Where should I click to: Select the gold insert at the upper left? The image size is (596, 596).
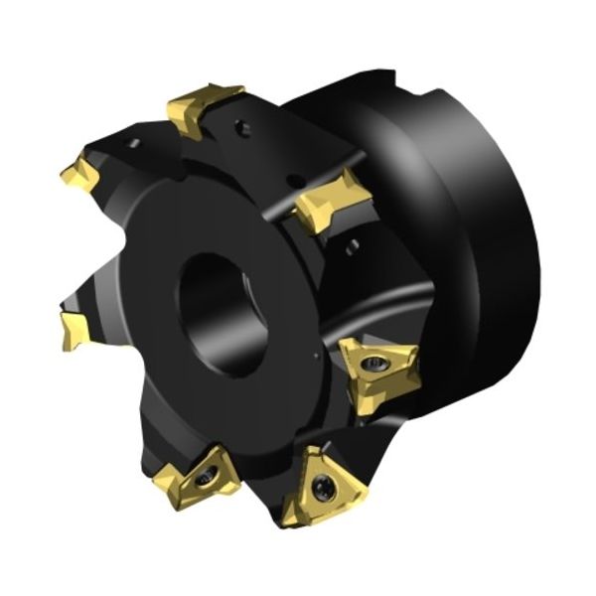coord(80,175)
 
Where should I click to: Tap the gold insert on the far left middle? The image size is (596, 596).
coord(75,328)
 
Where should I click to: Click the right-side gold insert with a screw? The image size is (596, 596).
coord(378,372)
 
